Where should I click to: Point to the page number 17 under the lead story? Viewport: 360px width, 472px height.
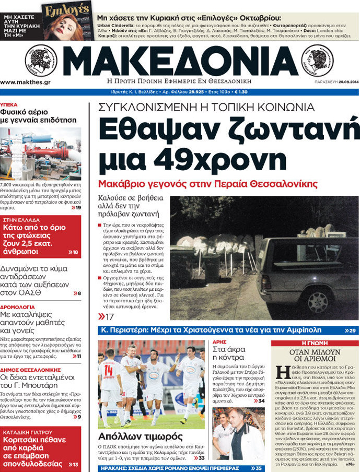tap(109, 317)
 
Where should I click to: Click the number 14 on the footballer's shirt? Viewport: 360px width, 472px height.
tap(108, 370)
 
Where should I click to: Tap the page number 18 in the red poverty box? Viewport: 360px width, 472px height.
tap(75, 253)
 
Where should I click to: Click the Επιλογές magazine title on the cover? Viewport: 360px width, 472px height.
tap(59, 10)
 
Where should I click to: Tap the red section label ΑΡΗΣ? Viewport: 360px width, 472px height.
tap(219, 342)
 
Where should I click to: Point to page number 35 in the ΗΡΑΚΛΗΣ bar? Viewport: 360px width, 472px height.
tap(258, 468)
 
